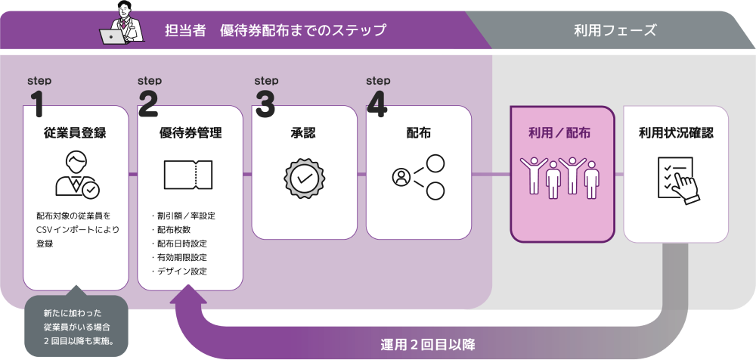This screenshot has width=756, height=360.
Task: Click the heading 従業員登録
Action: coord(75,133)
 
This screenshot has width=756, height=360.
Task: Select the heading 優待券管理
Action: coord(191,133)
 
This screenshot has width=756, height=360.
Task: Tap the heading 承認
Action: coord(303,133)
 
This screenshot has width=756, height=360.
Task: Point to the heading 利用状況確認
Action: coord(676,133)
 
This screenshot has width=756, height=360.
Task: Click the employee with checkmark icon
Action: coord(76,175)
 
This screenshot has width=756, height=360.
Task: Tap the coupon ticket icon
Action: coord(188,175)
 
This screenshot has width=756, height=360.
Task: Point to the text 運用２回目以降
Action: coord(428,345)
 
